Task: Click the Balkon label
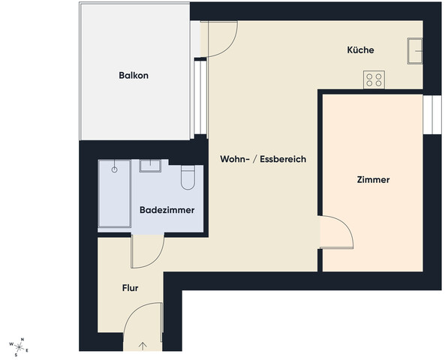(x=134, y=75)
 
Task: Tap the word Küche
(x=360, y=50)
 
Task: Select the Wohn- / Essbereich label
(x=263, y=160)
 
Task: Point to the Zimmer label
(x=373, y=180)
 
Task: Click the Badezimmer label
(x=167, y=210)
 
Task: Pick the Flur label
(x=131, y=287)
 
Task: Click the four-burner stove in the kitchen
(x=374, y=79)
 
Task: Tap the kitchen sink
(x=415, y=51)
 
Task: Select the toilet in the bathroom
(x=188, y=177)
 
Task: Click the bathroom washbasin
(x=150, y=166)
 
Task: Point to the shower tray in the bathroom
(x=114, y=193)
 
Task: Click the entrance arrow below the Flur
(x=143, y=346)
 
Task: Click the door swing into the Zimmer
(x=335, y=232)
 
